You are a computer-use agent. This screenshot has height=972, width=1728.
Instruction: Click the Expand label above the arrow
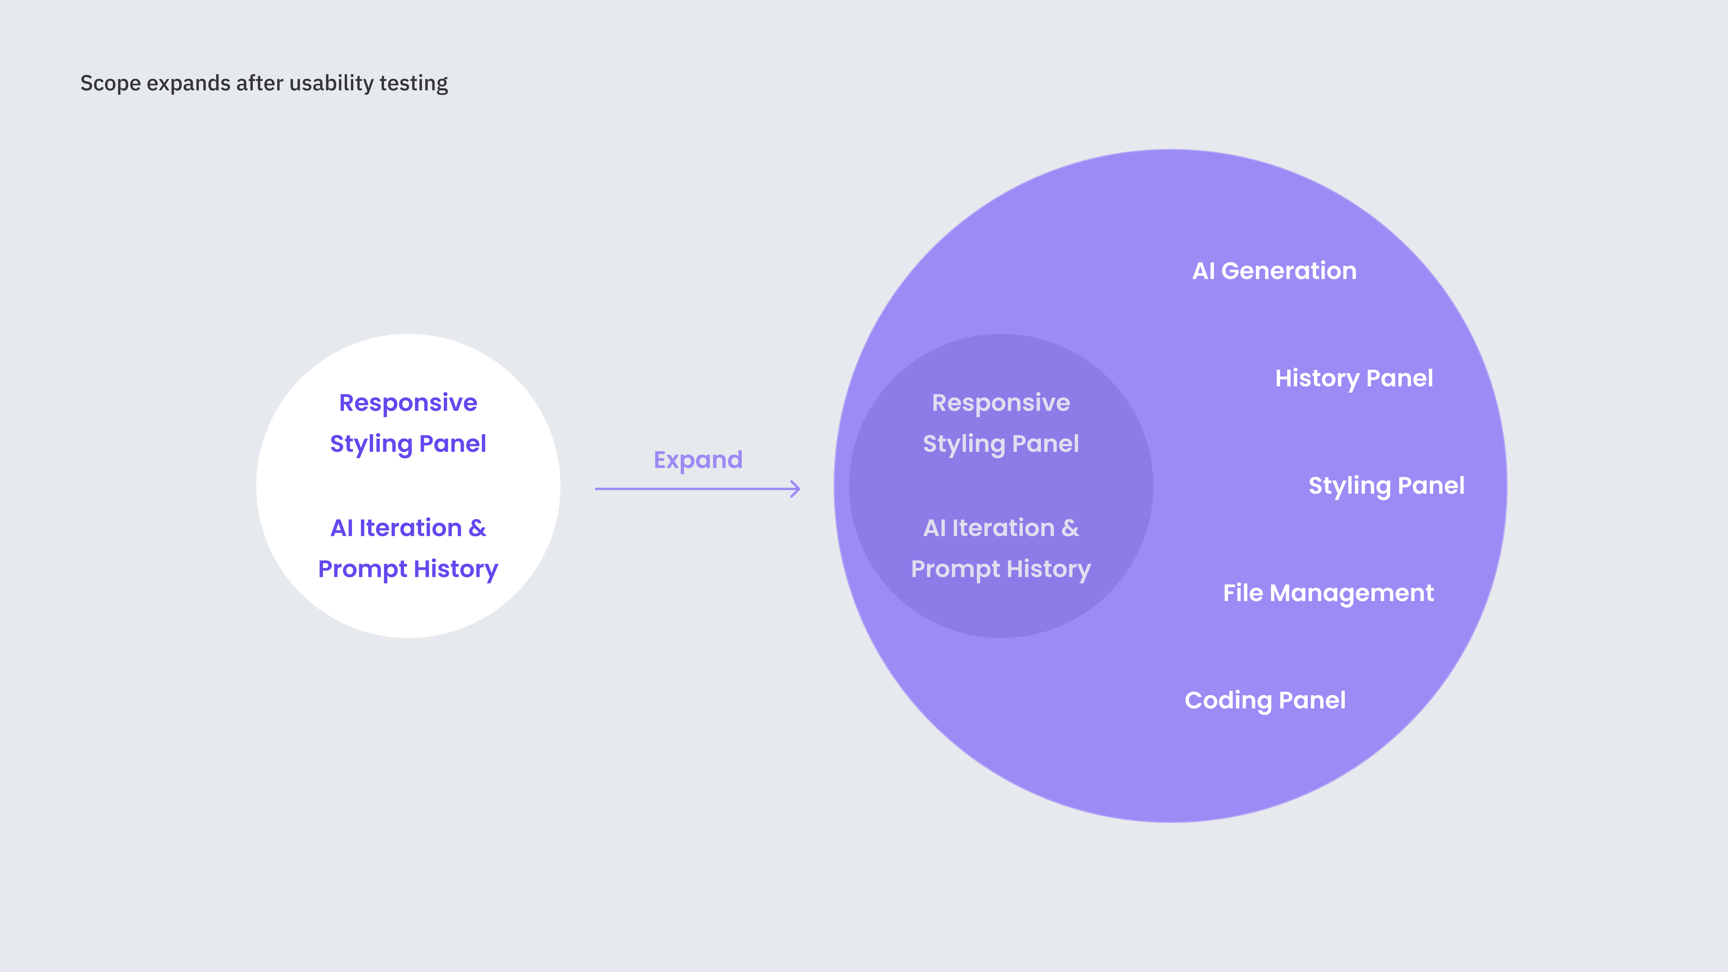coord(698,460)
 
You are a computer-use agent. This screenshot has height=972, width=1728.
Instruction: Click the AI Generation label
coord(1274,271)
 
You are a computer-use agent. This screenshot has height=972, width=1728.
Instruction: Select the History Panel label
coord(1354,378)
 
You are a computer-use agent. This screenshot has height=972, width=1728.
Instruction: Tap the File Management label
coord(1328,593)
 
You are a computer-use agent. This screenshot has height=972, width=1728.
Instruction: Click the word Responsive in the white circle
coord(408,403)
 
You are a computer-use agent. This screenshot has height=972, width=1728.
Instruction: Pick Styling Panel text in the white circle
coord(408,444)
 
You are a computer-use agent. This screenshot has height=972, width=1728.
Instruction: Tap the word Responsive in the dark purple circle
coord(1001,403)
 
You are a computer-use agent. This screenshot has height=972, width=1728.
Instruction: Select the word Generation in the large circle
coord(1289,271)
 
